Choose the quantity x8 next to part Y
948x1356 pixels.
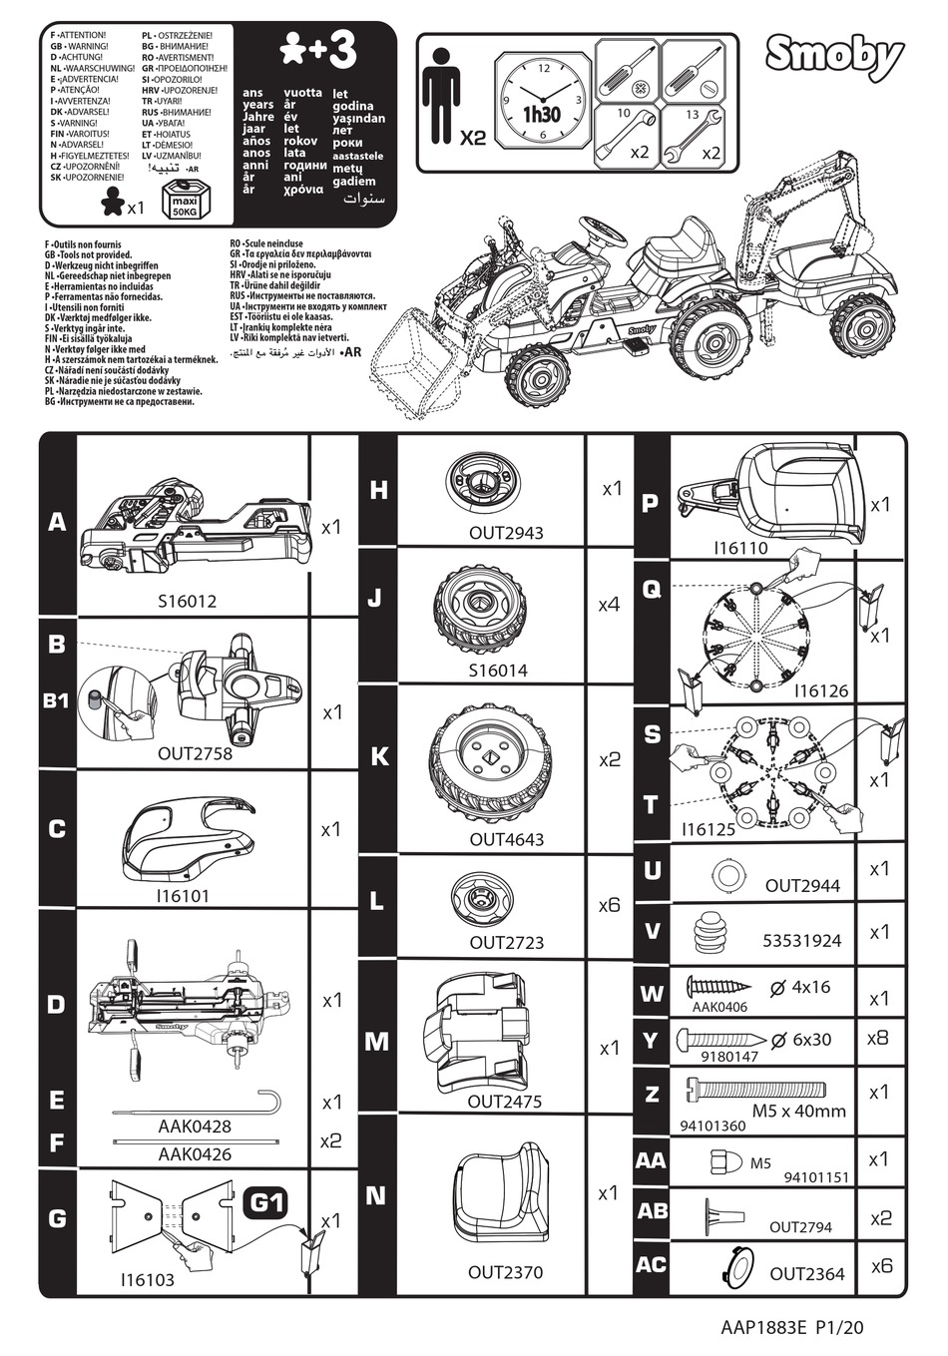878,1038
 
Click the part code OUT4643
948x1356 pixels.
507,839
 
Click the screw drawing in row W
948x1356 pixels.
718,986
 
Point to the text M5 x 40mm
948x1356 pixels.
798,1111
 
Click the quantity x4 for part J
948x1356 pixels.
609,605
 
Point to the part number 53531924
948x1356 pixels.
801,940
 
